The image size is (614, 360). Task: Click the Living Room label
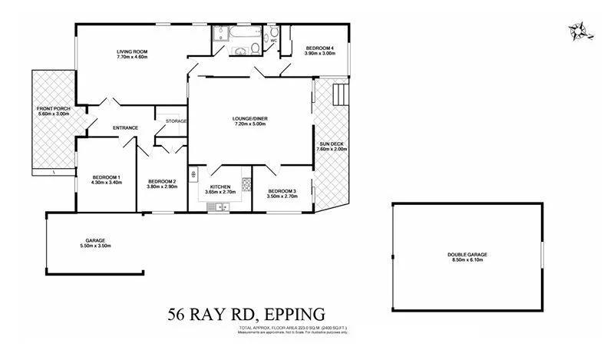132,51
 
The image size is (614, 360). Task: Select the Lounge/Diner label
250,118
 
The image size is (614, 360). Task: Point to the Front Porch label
53,109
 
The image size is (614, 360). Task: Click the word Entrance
125,127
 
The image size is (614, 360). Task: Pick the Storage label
176,121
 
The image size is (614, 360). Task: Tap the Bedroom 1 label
97,177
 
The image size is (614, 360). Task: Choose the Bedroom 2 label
162,180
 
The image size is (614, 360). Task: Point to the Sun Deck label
332,144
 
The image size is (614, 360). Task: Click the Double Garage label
467,255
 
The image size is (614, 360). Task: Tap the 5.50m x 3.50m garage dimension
95,246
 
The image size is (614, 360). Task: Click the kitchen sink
220,206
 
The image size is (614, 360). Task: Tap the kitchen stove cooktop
246,184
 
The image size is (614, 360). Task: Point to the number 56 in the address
178,314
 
